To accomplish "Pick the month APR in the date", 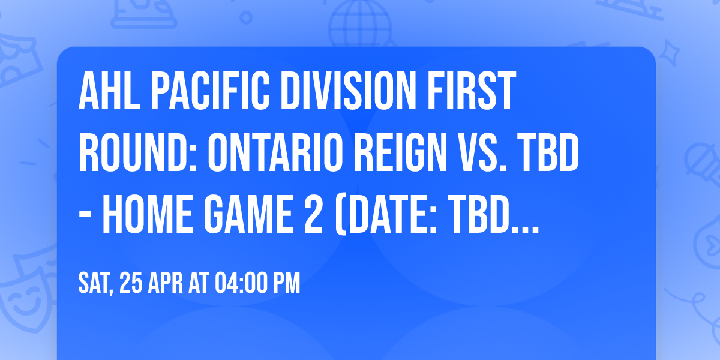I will coord(166,284).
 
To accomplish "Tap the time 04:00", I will coord(242,284).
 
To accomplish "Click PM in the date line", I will coord(287,284).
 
